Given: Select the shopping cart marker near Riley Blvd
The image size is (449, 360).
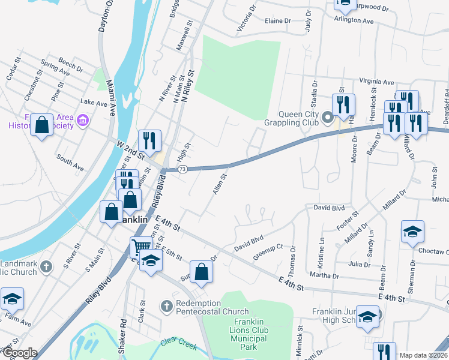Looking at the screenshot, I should pyautogui.click(x=141, y=246).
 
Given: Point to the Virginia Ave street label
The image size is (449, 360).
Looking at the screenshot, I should pyautogui.click(x=376, y=82).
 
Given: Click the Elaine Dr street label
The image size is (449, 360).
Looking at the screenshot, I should pyautogui.click(x=277, y=20).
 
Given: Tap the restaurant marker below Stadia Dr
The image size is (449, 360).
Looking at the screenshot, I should pyautogui.click(x=343, y=104).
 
